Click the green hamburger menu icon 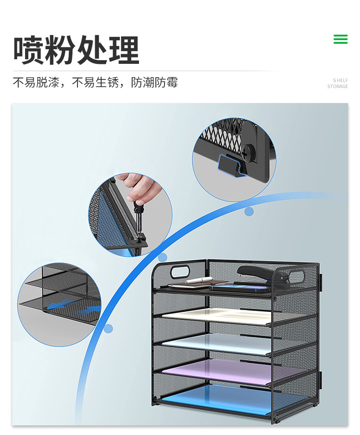click(340, 39)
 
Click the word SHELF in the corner click(340, 80)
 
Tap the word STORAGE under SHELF click(337, 86)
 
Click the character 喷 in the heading click(28, 50)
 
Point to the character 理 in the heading click(123, 50)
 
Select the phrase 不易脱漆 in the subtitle click(36, 83)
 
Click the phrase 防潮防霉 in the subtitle click(154, 83)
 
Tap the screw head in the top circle click(247, 152)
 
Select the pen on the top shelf click(199, 280)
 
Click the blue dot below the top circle click(249, 212)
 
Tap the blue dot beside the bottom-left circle click(108, 328)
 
